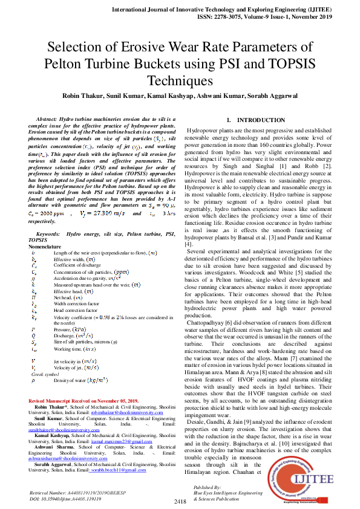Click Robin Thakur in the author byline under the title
point(82,95)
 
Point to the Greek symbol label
point(45,375)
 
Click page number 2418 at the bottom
point(180,502)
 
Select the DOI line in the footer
point(65,500)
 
